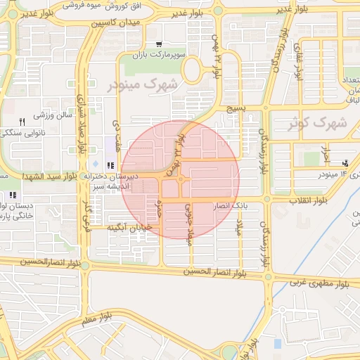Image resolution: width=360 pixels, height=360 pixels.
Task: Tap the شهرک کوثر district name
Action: (317, 122)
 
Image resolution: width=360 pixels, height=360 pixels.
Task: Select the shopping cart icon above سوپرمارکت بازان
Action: (160, 44)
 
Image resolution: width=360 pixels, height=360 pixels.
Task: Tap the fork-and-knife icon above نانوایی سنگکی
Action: (22, 122)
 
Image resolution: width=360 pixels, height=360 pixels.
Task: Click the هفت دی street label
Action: (116, 132)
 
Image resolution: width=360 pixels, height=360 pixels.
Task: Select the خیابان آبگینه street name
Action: (130, 228)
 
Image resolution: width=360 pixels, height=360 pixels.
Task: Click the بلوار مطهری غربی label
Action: (320, 283)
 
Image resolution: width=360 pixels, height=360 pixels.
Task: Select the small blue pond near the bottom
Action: (277, 344)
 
